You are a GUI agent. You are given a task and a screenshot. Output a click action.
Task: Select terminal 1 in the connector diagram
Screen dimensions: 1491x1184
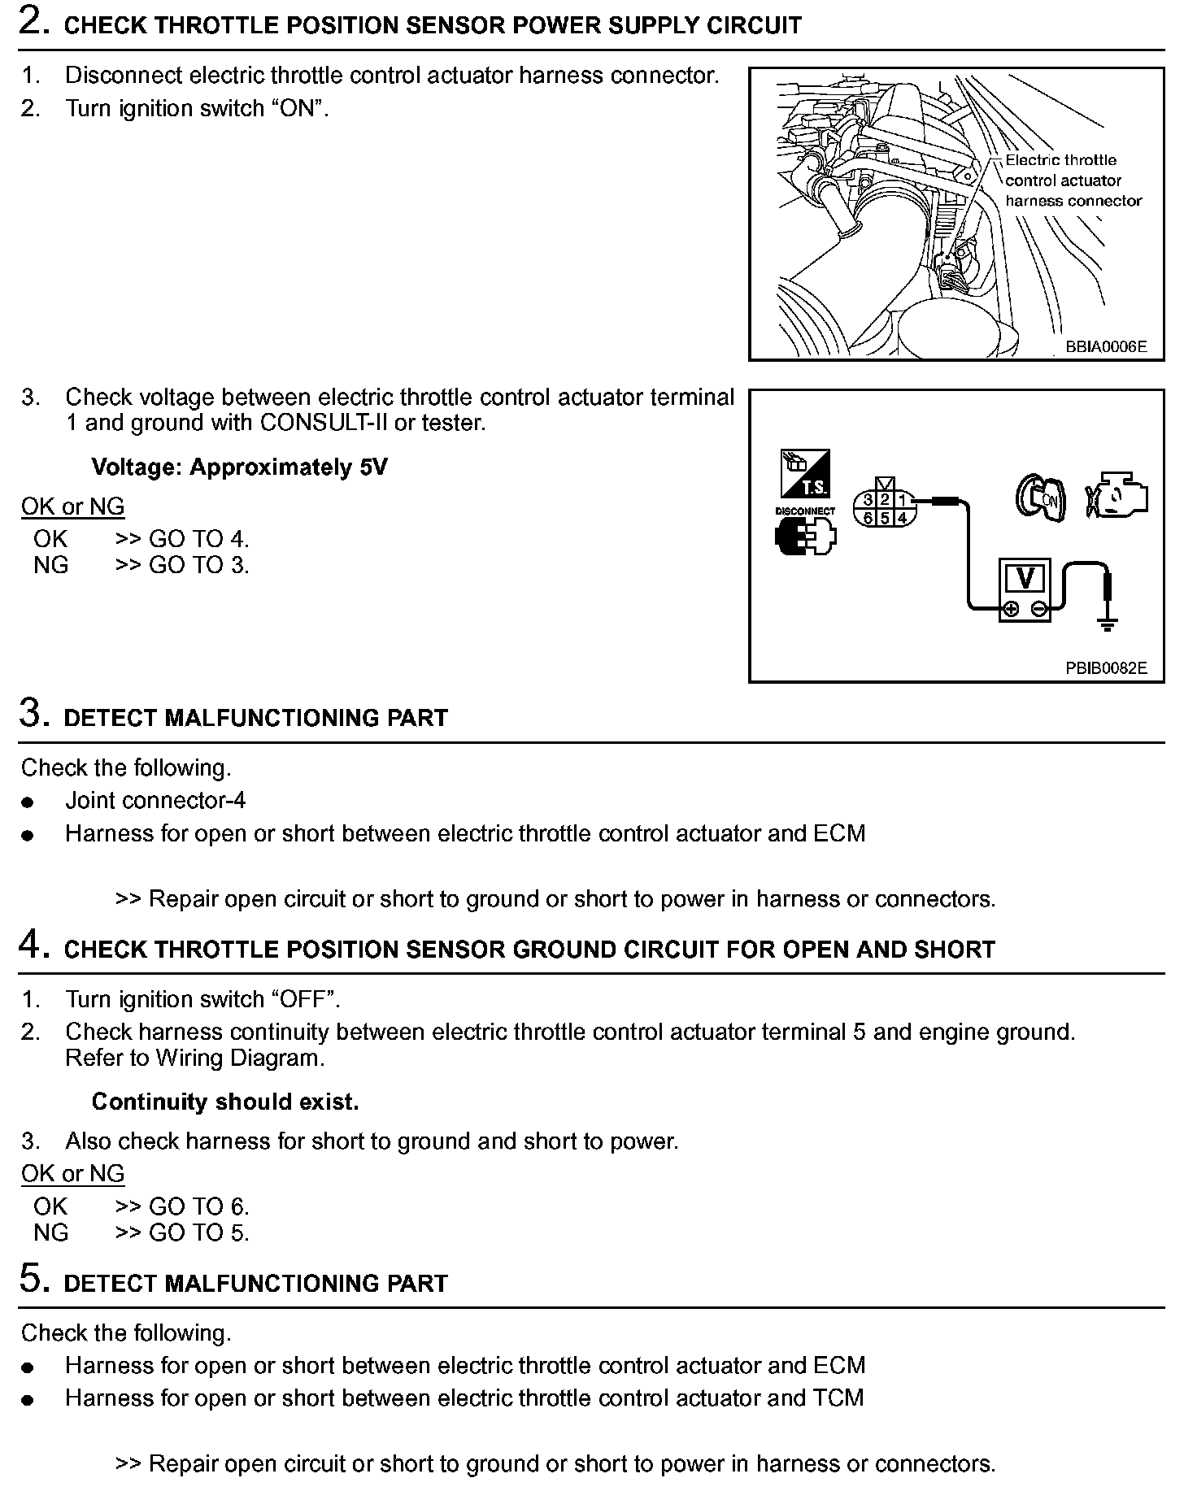pyautogui.click(x=902, y=500)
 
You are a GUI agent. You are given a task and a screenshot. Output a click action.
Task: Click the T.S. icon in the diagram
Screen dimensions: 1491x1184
pyautogui.click(x=805, y=473)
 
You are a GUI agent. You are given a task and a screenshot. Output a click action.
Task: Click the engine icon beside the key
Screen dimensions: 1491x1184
pyautogui.click(x=1117, y=495)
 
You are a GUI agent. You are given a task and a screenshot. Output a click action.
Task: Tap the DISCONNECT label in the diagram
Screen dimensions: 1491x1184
pyautogui.click(x=805, y=511)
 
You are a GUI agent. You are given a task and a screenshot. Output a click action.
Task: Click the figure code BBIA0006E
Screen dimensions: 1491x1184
pyautogui.click(x=1106, y=347)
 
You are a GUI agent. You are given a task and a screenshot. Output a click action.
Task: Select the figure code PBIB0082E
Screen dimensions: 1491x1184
pyautogui.click(x=1106, y=668)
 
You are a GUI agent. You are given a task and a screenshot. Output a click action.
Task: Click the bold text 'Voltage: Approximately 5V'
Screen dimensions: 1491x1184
pyautogui.click(x=239, y=467)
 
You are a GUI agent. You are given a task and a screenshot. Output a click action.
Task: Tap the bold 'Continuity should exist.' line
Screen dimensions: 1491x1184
pyautogui.click(x=225, y=1102)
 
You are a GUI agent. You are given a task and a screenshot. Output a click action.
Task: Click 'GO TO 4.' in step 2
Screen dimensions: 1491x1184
pyautogui.click(x=198, y=539)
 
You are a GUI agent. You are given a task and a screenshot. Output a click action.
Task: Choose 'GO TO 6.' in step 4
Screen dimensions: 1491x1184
pyautogui.click(x=198, y=1206)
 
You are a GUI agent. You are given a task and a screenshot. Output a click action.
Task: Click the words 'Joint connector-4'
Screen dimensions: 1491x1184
pyautogui.click(x=155, y=801)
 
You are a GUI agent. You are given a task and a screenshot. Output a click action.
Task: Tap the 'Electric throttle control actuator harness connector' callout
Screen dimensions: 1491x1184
pyautogui.click(x=1072, y=180)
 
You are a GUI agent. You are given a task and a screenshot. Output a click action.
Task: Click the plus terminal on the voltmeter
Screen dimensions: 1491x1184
pyautogui.click(x=1010, y=609)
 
